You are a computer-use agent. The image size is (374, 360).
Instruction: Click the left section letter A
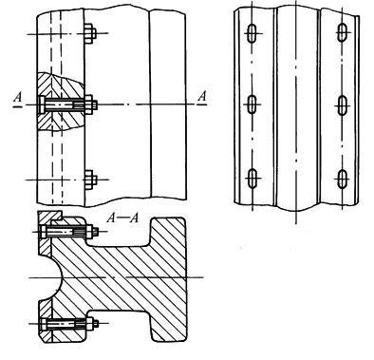click(x=18, y=98)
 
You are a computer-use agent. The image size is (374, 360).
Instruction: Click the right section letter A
click(x=202, y=96)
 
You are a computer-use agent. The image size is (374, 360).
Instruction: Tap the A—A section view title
click(x=122, y=218)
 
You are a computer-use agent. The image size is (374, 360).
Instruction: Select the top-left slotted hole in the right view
click(x=252, y=33)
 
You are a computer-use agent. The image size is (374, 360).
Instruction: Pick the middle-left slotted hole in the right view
click(x=252, y=104)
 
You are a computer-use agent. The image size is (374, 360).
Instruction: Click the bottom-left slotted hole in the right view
click(x=252, y=179)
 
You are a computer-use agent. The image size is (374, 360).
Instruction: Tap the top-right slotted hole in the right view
click(x=343, y=32)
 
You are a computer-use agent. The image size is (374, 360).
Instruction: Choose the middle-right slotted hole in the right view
click(x=343, y=105)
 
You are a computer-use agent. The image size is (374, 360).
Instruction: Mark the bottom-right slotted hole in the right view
click(x=343, y=180)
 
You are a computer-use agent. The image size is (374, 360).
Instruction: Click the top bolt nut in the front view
click(x=90, y=33)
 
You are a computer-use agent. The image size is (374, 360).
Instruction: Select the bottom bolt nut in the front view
click(x=90, y=180)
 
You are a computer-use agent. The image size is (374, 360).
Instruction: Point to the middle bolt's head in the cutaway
click(x=42, y=104)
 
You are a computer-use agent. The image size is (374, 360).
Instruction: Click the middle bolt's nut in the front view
click(x=91, y=104)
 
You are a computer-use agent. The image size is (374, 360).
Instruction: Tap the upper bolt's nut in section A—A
click(x=91, y=232)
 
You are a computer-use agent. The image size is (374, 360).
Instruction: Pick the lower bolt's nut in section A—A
click(x=91, y=324)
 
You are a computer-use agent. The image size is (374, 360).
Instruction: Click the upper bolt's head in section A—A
click(x=44, y=232)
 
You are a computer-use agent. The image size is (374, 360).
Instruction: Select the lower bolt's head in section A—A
click(x=44, y=324)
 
